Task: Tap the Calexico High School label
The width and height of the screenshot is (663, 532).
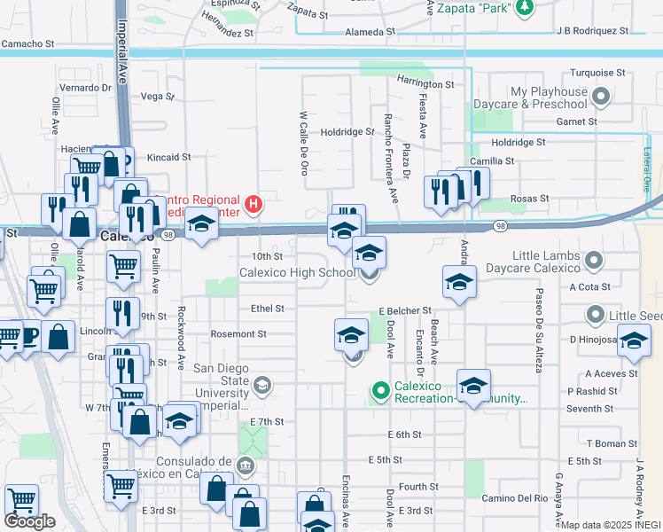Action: point(298,272)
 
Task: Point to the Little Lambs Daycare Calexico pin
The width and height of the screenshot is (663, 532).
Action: point(595,262)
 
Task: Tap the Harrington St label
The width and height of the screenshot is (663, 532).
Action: point(425,84)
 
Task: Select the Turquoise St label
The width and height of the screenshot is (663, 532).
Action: point(597,73)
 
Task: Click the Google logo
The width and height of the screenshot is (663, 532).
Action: point(30,521)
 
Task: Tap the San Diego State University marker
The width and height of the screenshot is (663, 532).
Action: point(261,385)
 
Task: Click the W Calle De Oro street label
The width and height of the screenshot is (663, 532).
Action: point(304,142)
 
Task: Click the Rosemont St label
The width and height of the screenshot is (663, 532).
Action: point(238,334)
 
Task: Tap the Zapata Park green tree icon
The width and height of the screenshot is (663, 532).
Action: point(525,7)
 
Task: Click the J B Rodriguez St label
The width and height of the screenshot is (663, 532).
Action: point(592,31)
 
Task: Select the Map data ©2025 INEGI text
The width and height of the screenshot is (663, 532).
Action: point(611,525)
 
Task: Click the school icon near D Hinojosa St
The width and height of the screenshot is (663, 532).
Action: point(634,341)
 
